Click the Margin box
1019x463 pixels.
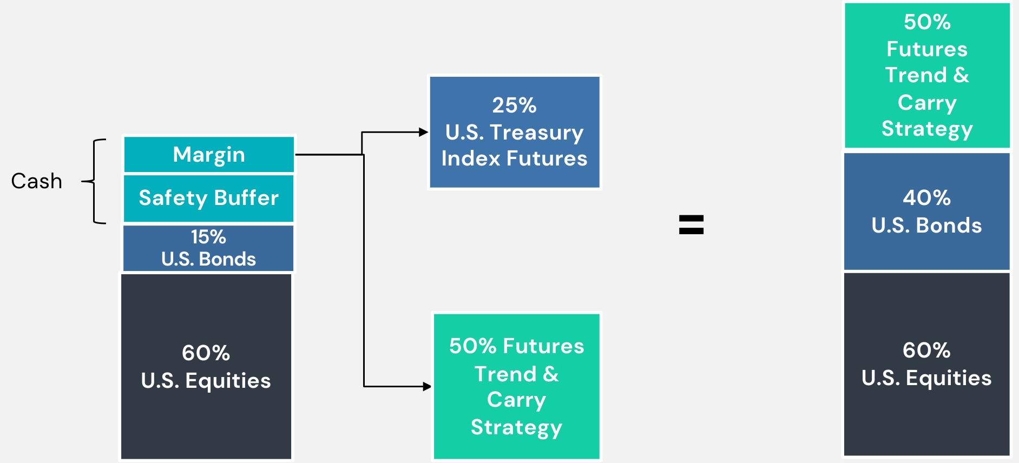(209, 154)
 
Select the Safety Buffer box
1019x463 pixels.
(209, 198)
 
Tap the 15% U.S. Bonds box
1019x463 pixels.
(208, 248)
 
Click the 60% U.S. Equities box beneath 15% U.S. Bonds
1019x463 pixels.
(206, 366)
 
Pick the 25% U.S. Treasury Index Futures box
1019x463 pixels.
(515, 132)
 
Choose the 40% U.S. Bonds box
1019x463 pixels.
(927, 211)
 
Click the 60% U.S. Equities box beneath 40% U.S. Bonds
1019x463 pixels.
(927, 364)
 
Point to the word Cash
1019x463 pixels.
(37, 181)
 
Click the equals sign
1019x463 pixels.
(692, 224)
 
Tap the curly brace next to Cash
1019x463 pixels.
(94, 181)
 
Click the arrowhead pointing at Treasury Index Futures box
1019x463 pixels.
(424, 132)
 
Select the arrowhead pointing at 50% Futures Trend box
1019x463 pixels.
(427, 387)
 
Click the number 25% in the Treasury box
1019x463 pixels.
(515, 105)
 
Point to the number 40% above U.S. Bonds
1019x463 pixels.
(927, 198)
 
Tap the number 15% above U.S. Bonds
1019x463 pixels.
(208, 237)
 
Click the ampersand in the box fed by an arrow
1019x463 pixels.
(551, 374)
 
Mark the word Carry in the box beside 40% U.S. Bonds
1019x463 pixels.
(927, 103)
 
